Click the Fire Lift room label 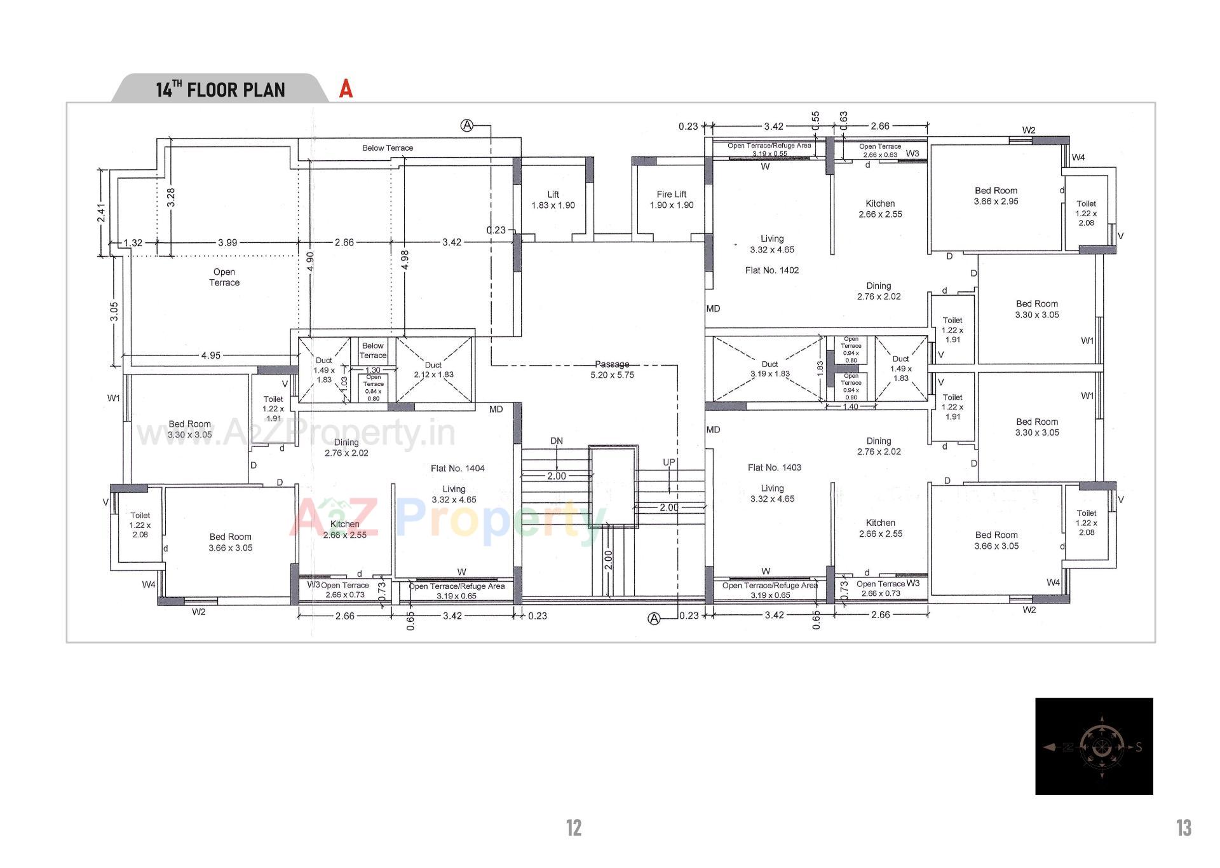672,199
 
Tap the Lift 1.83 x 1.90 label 553,200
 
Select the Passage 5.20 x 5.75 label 612,369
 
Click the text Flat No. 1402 772,270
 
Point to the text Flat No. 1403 774,467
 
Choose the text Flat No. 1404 457,468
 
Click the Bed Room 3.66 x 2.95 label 996,196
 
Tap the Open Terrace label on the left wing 224,277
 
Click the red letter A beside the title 346,89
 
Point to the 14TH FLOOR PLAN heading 220,90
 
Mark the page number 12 573,828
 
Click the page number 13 1183,828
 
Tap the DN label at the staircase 557,441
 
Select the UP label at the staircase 669,462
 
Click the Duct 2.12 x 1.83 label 433,370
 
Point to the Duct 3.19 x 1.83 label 769,369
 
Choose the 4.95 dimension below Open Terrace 211,355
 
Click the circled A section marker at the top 467,126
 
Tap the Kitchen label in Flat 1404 344,530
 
